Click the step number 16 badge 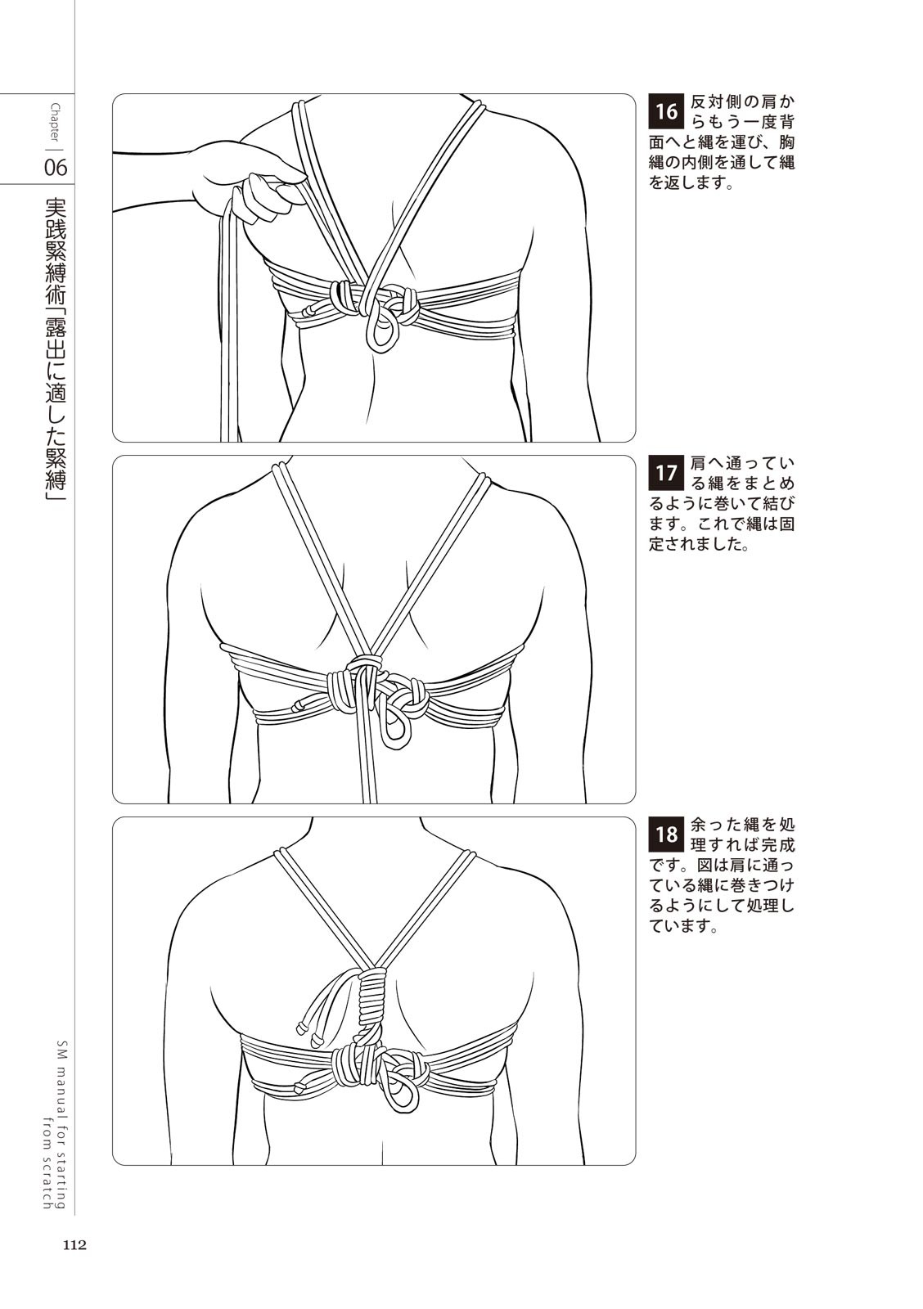(666, 111)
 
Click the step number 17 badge (666, 472)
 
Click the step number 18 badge (666, 834)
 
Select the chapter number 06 (56, 169)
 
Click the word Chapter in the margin (56, 123)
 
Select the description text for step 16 (722, 143)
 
